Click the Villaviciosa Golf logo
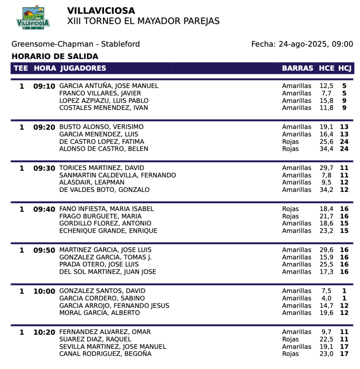pos(33,17)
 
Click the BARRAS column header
pos(297,68)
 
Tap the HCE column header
pos(326,68)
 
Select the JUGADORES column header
pos(83,68)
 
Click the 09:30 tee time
pos(44,168)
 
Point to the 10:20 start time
pos(44,332)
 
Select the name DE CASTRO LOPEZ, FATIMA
pos(102,141)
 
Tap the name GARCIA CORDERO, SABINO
pos(102,298)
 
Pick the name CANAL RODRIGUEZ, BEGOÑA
pos(105,354)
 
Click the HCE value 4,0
pos(326,298)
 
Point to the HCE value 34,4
pos(326,149)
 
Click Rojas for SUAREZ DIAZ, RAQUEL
pos(290,339)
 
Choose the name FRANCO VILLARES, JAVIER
pos(100,93)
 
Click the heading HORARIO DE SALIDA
pos(55,57)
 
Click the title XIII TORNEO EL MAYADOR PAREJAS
pos(143,21)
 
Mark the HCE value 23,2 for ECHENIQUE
pos(326,231)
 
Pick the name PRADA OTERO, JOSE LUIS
pos(99,264)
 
